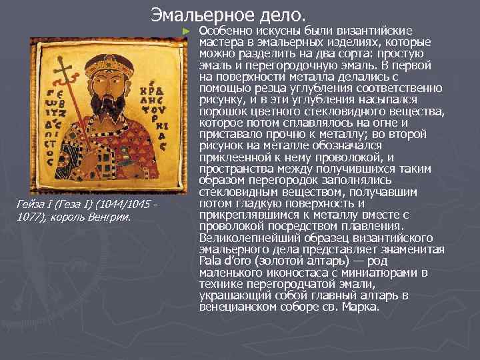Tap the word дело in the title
(283, 14)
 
